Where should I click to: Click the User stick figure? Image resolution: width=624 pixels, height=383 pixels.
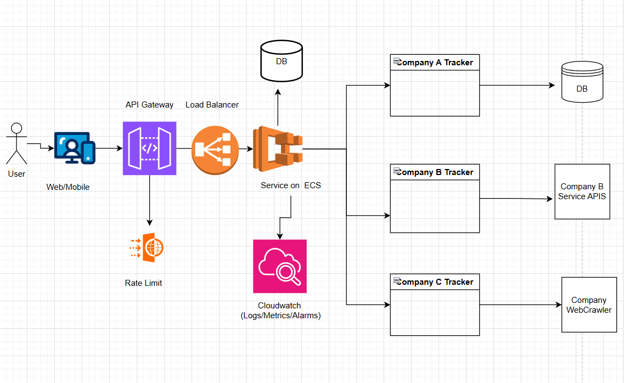point(16,143)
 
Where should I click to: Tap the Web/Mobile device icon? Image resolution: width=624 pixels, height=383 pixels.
point(75,148)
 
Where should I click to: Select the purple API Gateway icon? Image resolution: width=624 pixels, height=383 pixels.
point(149,148)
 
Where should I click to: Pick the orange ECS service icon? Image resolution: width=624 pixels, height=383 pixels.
point(277,149)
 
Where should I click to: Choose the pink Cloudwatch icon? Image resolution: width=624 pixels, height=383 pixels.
point(279,266)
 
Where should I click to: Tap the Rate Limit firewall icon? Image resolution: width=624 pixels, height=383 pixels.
point(148,247)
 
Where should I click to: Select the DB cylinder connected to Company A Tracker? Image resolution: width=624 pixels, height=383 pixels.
point(582,83)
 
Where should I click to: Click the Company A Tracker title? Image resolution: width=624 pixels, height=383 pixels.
point(435,63)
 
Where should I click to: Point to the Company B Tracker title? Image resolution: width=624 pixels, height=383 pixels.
point(435,172)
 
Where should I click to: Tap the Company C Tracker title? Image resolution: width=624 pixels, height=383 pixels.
point(435,282)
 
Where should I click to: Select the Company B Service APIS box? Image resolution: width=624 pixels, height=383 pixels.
point(582,191)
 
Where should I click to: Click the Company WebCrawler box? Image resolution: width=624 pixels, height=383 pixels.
point(589,305)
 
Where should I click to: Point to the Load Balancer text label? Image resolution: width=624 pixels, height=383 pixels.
point(212,105)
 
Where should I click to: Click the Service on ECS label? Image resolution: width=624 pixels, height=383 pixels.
point(290,185)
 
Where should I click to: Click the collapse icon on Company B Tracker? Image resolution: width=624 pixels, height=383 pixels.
point(396,171)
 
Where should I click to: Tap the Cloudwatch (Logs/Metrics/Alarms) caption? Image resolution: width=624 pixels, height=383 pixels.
point(280,311)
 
